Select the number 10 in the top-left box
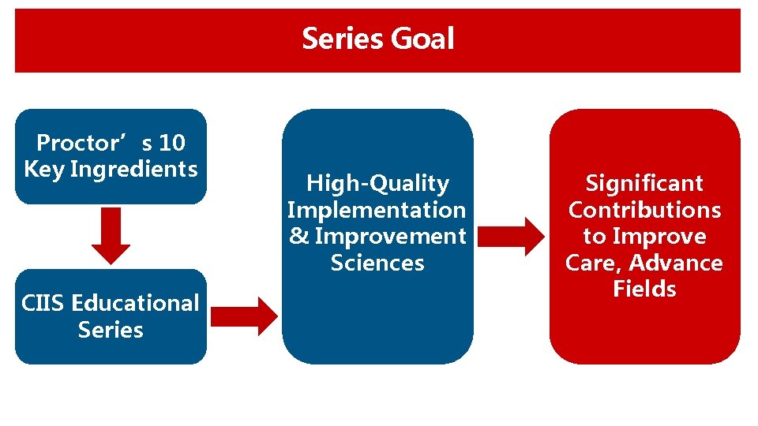pos(171,143)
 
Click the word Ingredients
pos(133,169)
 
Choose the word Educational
pos(135,303)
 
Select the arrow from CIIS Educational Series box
pos(245,316)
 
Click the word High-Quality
pos(377,184)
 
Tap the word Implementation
pos(377,210)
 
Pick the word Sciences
pos(377,263)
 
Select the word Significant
pos(644,183)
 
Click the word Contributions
pos(644,210)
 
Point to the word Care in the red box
pos(592,263)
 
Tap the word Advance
pos(677,263)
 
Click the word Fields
pos(644,289)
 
